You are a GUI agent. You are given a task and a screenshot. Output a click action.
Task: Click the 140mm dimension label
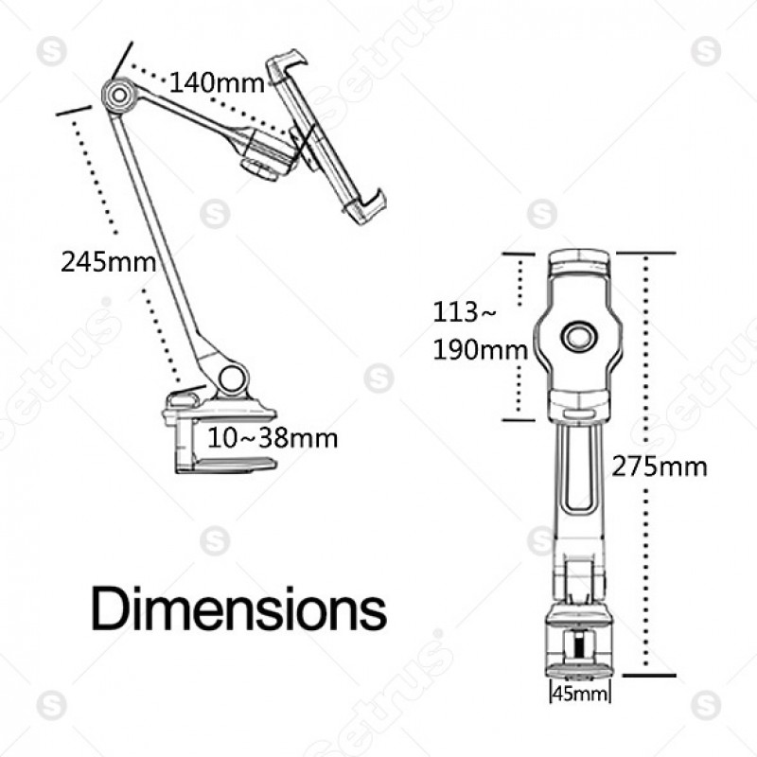(217, 83)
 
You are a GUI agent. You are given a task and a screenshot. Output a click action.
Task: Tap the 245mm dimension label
(108, 263)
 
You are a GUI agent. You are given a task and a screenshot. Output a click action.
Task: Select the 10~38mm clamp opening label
(273, 438)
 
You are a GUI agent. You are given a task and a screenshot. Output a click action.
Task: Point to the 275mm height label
(659, 467)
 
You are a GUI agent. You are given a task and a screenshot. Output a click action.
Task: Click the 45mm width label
(580, 694)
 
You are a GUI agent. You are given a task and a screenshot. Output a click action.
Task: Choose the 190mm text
(480, 350)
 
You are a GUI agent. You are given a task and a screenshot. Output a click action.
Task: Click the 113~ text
(464, 312)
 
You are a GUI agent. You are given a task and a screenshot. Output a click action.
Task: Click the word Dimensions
(239, 608)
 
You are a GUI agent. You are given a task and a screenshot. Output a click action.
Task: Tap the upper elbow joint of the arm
(119, 96)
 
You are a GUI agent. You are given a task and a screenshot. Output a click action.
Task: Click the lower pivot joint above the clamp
(232, 378)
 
